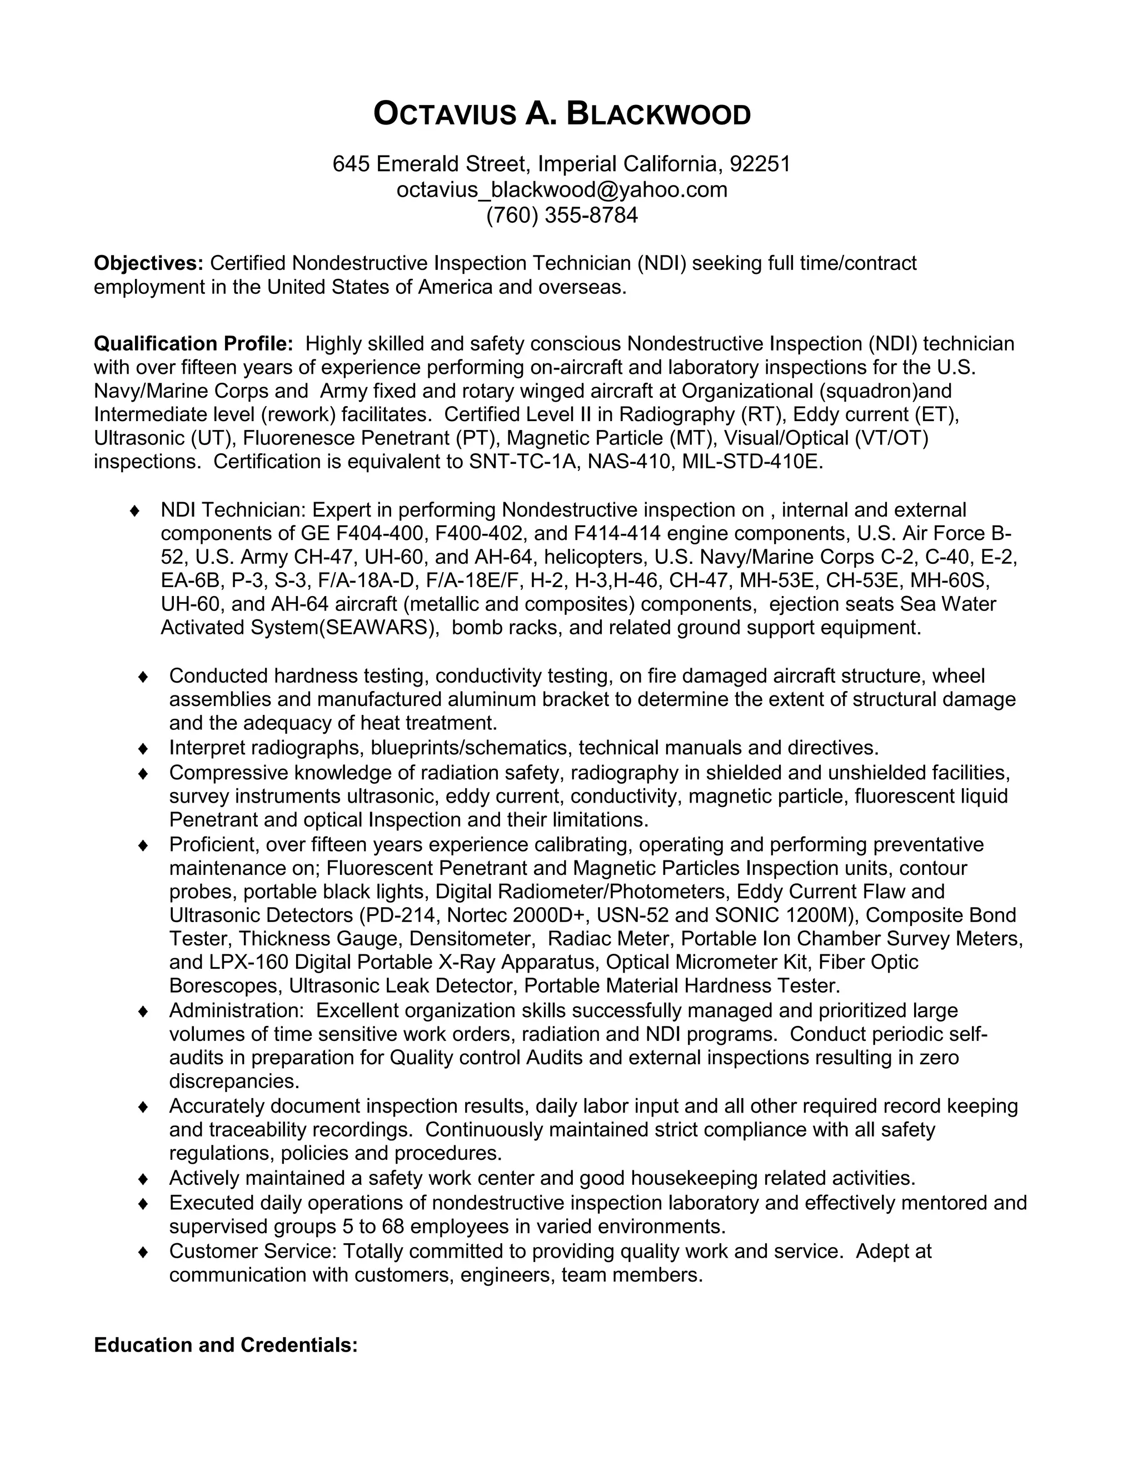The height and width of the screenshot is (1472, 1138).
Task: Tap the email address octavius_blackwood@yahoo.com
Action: click(x=562, y=190)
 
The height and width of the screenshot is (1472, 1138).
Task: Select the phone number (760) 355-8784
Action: click(x=562, y=216)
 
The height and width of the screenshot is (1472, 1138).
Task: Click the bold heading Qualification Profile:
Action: click(x=193, y=344)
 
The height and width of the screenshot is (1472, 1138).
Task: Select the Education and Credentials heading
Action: click(x=226, y=1345)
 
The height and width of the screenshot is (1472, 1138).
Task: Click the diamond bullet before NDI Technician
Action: click(x=135, y=510)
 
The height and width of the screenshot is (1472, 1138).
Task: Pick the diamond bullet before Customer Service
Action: click(x=143, y=1251)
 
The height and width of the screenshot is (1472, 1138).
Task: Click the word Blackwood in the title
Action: click(x=658, y=114)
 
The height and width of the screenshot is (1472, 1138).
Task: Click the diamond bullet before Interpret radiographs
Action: click(x=143, y=748)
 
